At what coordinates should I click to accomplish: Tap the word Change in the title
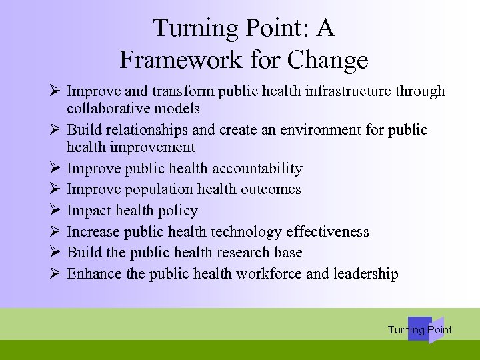pyautogui.click(x=329, y=61)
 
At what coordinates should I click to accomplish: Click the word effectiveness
pyautogui.click(x=327, y=232)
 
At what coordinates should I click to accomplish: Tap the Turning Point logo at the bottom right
pyautogui.click(x=420, y=329)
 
